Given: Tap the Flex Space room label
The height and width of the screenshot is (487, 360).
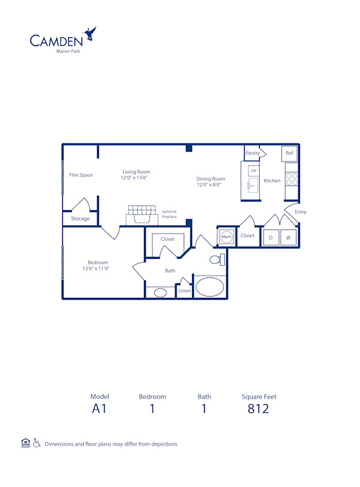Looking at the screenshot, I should pos(81,175).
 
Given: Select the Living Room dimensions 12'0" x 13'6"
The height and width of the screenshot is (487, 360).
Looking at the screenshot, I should pos(134,178).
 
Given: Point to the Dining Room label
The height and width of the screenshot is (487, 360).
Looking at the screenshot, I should pos(211,178).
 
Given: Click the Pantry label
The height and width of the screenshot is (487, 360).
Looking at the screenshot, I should pos(253,153).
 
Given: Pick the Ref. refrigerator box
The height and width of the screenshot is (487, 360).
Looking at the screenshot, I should pos(290,153).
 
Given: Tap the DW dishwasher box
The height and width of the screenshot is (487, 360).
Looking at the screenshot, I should pos(253,171).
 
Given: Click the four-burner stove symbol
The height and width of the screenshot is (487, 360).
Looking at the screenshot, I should pos(292,179).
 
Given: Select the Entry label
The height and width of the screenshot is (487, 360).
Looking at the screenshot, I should pos(301,212).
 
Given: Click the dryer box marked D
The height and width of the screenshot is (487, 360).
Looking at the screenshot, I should pos(271,238).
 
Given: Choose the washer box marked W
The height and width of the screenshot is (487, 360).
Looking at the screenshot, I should pos(288,238).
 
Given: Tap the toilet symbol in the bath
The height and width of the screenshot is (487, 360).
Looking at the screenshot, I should pos(217,259).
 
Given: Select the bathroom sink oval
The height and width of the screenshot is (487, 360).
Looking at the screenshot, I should pos(160,292).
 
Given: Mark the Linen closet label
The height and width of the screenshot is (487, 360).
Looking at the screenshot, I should pos(185,291).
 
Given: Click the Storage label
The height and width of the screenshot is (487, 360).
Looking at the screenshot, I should pos(80,219).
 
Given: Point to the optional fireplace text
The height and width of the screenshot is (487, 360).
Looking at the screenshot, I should pos(169,214).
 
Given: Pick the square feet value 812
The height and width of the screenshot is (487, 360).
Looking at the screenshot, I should pos(259,409).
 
